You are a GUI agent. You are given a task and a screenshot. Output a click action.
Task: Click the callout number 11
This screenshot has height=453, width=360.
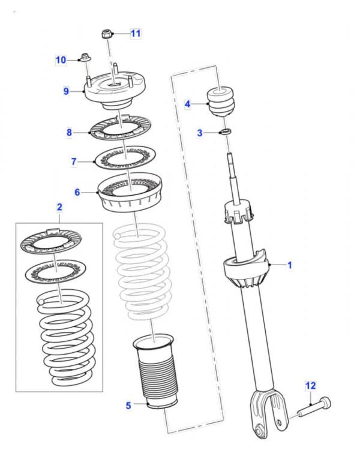pos(136,33)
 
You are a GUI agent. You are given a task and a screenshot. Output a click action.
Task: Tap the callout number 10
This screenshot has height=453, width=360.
pos(61,59)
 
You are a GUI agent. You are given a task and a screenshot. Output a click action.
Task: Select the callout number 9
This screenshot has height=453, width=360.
pos(67,91)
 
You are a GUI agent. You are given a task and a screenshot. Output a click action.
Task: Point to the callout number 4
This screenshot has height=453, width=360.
pos(187,104)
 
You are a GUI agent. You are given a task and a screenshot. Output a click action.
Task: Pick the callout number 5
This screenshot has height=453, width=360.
pos(128,406)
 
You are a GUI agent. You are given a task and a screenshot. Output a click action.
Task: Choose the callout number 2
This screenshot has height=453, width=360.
pos(59,208)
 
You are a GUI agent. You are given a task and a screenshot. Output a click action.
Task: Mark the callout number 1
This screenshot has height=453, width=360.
pos(289,264)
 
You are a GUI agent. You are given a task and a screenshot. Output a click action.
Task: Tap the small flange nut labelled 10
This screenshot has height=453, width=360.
pos(84,59)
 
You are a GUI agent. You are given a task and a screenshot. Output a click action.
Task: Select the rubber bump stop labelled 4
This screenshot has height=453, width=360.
pos(221,103)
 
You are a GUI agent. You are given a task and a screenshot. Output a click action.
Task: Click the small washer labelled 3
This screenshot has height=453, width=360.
pos(226,131)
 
